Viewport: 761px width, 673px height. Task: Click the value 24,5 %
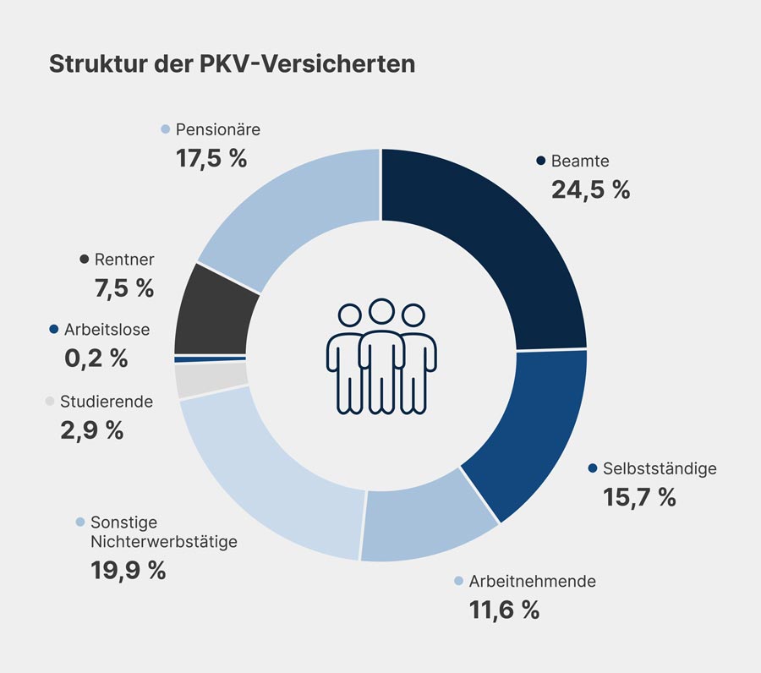590,189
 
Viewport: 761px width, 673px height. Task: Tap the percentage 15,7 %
639,497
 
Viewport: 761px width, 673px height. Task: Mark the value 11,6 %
504,610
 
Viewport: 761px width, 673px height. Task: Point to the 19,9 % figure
128,570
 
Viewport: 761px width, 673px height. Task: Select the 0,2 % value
96,358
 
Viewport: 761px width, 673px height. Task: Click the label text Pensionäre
217,129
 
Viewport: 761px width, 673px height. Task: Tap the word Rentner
124,260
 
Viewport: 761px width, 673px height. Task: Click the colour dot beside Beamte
540,161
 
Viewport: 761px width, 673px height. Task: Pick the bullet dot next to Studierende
51,402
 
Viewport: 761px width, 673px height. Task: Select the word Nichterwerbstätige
164,542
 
